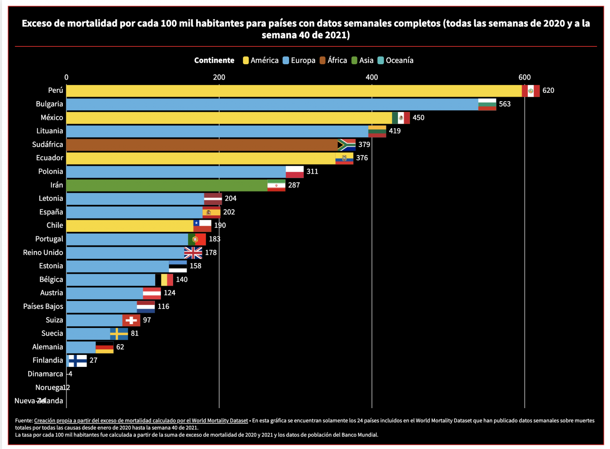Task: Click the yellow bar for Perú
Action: [294, 91]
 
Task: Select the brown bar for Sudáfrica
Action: [202, 145]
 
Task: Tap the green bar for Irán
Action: [167, 185]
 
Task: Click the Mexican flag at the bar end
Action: [401, 118]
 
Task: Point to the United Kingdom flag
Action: [193, 253]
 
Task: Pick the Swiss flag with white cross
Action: [131, 320]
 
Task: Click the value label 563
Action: [505, 104]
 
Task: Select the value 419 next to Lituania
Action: [394, 131]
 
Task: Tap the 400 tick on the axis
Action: [372, 77]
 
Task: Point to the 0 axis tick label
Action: [66, 77]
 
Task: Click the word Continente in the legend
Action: [214, 60]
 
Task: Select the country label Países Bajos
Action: [43, 306]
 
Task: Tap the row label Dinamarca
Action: [45, 374]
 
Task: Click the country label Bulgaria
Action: [49, 104]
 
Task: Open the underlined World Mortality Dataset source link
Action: [141, 420]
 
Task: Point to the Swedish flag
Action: [119, 334]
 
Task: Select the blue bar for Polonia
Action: [176, 172]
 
